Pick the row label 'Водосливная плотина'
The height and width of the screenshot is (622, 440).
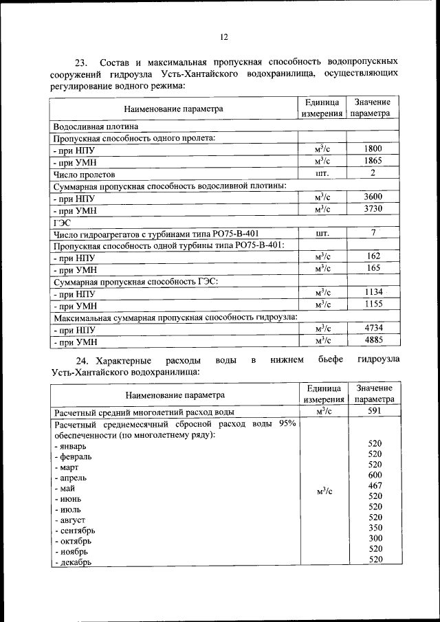pyautogui.click(x=96, y=126)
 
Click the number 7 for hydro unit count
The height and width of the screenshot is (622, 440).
pyautogui.click(x=373, y=233)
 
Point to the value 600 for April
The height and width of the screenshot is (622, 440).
pyautogui.click(x=375, y=475)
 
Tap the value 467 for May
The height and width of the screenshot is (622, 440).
pyautogui.click(x=375, y=486)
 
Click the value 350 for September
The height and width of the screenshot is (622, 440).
pyautogui.click(x=375, y=528)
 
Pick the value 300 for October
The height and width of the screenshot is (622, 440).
pyautogui.click(x=375, y=538)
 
